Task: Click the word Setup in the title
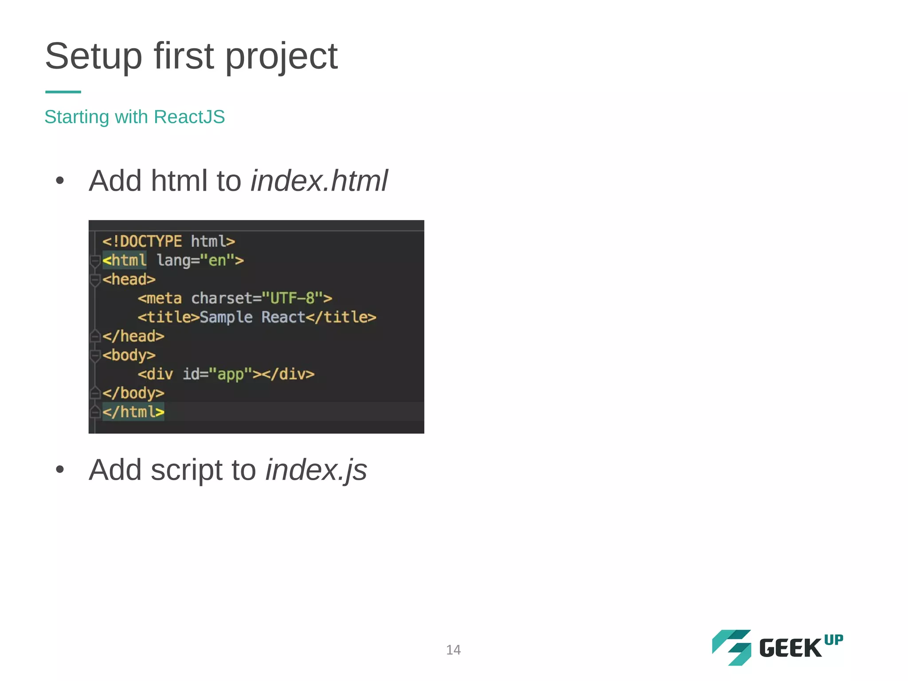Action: coord(94,57)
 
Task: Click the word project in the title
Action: coord(281,57)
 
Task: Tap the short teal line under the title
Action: coord(63,92)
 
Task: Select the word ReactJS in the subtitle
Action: coord(189,117)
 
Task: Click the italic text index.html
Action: coord(319,181)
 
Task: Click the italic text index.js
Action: coord(316,470)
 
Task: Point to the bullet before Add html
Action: coord(60,181)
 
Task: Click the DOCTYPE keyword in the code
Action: coord(150,242)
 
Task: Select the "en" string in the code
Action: coord(217,260)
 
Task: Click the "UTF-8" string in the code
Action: coord(292,298)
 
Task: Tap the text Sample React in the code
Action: coord(252,317)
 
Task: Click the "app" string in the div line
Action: coord(230,374)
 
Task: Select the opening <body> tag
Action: coord(129,356)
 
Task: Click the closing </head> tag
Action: coord(133,337)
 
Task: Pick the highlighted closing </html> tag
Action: coord(133,412)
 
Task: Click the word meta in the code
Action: coord(164,298)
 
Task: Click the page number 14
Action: coord(453,650)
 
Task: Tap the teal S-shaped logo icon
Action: coord(732,647)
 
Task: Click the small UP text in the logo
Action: coord(834,640)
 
